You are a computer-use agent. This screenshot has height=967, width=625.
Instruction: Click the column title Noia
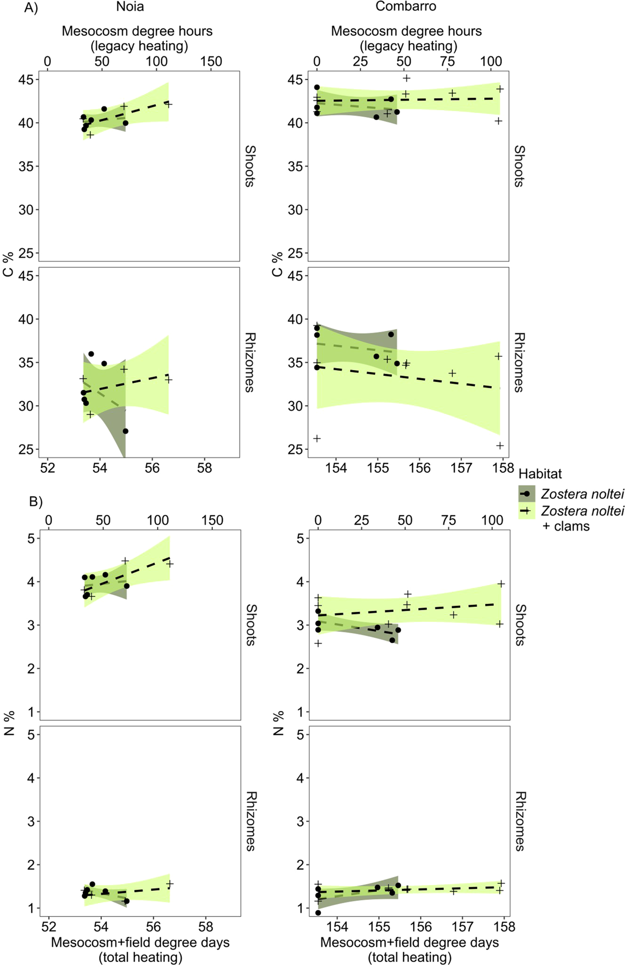point(130,7)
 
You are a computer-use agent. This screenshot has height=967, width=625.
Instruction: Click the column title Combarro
point(405,7)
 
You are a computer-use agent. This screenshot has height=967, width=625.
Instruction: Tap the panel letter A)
point(31,8)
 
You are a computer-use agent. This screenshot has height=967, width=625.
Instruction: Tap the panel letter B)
point(36,502)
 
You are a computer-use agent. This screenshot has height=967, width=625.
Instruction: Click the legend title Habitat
point(540,474)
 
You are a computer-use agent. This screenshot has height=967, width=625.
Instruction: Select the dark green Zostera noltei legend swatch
point(527,493)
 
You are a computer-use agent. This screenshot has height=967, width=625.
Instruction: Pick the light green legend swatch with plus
point(527,511)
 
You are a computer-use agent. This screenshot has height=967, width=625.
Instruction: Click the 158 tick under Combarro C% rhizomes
point(503,468)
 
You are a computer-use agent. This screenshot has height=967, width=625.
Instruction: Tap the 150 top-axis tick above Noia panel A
point(211,61)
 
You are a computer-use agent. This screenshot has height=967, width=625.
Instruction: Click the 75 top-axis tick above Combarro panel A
point(448,61)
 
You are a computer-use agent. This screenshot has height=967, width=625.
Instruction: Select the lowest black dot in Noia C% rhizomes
point(125,431)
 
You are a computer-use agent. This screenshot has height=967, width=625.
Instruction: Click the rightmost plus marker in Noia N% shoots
point(170,563)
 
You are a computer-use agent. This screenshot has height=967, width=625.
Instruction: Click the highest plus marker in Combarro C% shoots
point(406,78)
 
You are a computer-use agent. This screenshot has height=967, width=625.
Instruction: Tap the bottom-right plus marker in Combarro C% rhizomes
point(500,445)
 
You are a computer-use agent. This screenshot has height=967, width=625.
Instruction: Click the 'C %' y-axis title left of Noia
point(9,264)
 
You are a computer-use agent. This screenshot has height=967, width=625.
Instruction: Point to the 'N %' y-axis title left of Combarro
point(278,723)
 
